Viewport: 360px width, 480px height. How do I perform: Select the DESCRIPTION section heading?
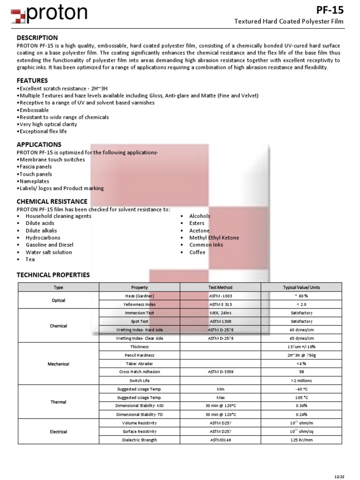tap(37, 37)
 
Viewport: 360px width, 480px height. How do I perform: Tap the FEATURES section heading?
tap(32, 81)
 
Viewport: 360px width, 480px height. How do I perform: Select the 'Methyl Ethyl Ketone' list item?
tap(214, 238)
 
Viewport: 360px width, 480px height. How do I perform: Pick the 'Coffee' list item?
tap(197, 252)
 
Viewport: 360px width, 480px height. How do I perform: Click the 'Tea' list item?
tap(30, 259)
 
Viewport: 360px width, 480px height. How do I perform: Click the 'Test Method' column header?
tap(220, 287)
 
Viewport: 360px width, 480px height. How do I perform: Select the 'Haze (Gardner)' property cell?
tap(139, 296)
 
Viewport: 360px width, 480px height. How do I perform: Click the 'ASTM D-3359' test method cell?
tap(220, 372)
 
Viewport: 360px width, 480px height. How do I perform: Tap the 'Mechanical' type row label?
tap(59, 364)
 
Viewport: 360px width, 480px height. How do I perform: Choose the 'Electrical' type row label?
tap(59, 432)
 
